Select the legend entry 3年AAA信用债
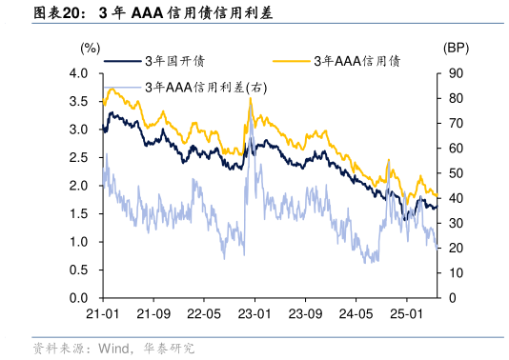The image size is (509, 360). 356,62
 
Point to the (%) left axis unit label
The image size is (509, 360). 91,47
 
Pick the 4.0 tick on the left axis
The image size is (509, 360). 81,74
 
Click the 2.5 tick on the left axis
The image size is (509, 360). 81,158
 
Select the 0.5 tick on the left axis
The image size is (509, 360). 81,270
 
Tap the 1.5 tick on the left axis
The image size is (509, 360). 81,214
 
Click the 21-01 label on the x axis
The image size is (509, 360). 102,314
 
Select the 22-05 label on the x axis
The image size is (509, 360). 203,314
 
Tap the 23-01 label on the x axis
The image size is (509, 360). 254,314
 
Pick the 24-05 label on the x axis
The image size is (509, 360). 355,314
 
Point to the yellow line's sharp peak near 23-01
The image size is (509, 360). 250,98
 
